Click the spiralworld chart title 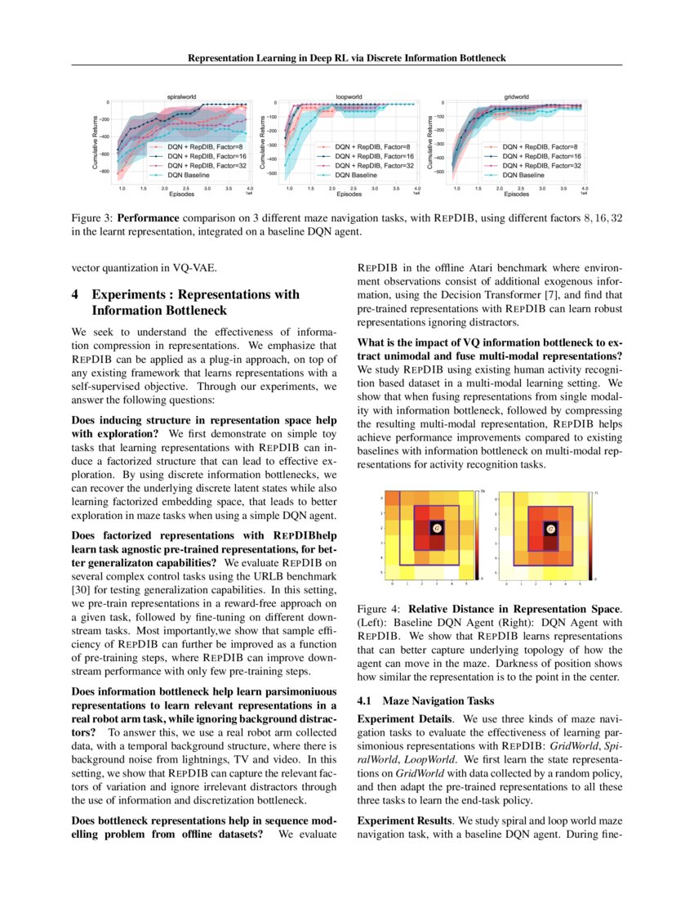(181, 96)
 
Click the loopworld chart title (350, 96)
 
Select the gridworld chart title (516, 96)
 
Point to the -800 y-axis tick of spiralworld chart (105, 172)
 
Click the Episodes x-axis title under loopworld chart (349, 195)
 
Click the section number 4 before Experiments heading (76, 294)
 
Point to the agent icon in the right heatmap (551, 529)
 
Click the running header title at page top (347, 58)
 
